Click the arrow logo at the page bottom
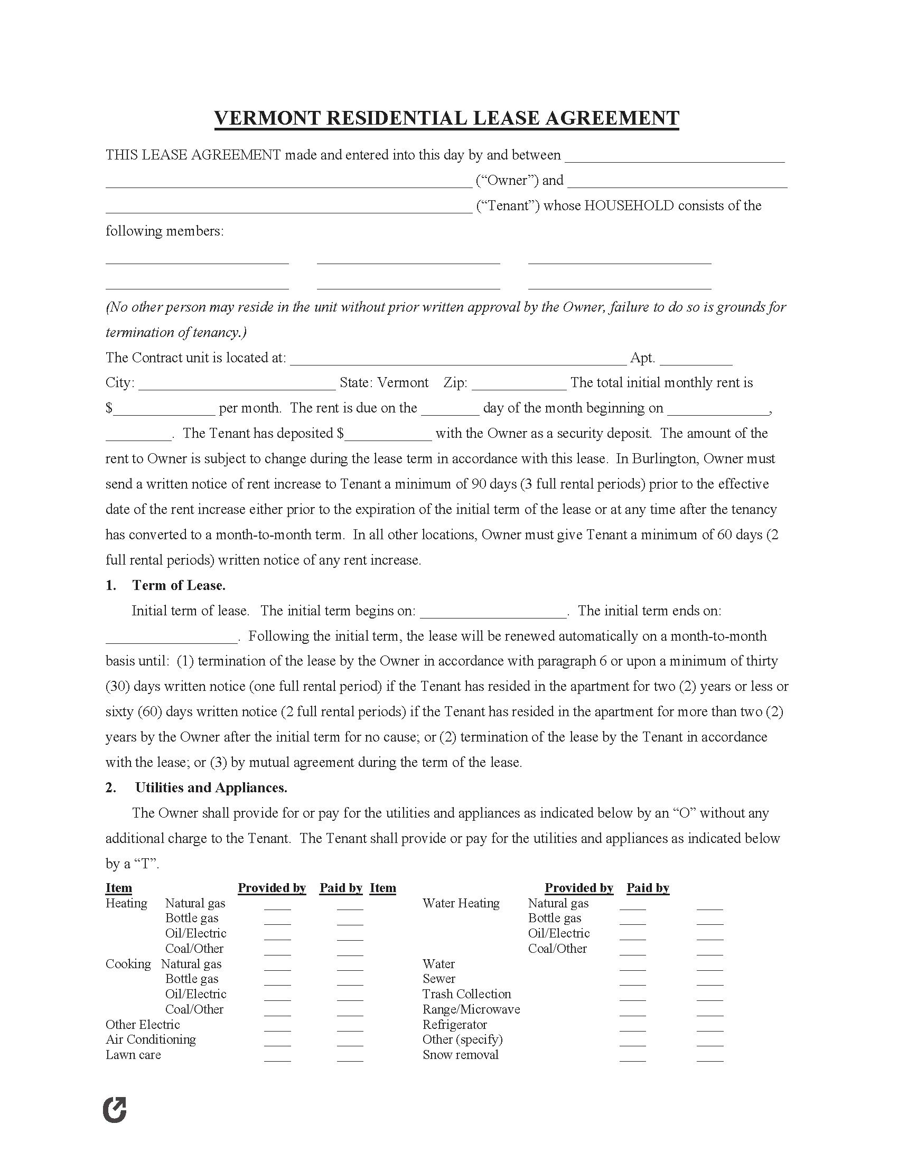[115, 1110]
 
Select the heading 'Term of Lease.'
[179, 585]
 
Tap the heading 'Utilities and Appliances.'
[211, 788]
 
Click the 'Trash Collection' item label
[466, 994]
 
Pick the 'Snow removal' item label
[460, 1055]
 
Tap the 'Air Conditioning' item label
[151, 1039]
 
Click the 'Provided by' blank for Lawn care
[277, 1056]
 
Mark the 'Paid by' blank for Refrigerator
[709, 1026]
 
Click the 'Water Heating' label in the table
[461, 903]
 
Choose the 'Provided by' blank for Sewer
[632, 980]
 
